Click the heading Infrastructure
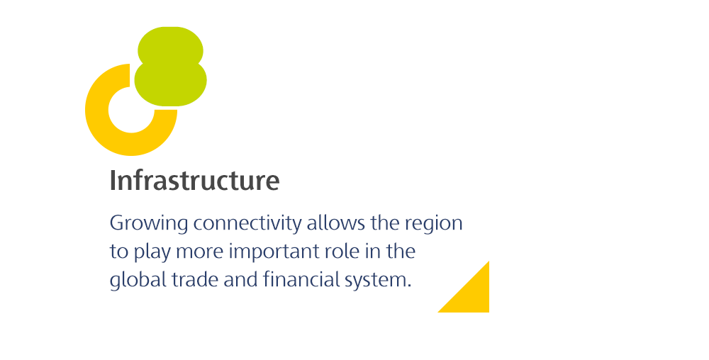(x=194, y=180)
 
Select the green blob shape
(x=171, y=67)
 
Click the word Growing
(x=149, y=224)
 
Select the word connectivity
(x=247, y=224)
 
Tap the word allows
(x=336, y=223)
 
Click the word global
(x=138, y=280)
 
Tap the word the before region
(x=385, y=223)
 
